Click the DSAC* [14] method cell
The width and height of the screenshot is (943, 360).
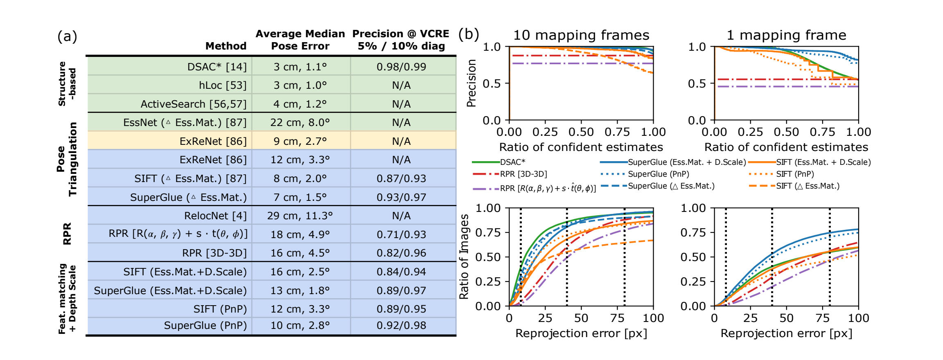[x=217, y=67]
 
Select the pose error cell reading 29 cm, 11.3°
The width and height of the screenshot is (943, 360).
[x=300, y=216]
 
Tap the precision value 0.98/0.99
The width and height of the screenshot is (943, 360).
[x=401, y=67]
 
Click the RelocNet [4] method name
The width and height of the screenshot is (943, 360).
[x=215, y=216]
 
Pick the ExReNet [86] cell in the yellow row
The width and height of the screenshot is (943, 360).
[x=213, y=141]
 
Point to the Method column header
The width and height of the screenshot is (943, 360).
[x=226, y=46]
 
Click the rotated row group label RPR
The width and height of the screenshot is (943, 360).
[x=67, y=234]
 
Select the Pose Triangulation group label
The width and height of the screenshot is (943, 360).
[x=67, y=159]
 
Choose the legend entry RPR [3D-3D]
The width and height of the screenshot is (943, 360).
[x=523, y=174]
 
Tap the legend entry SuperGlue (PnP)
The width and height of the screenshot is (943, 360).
[x=658, y=174]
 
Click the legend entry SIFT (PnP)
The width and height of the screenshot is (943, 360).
[x=795, y=174]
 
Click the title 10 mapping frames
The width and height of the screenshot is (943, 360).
[x=581, y=35]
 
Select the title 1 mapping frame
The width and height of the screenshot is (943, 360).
[x=786, y=35]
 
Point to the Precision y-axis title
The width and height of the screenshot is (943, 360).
[x=471, y=83]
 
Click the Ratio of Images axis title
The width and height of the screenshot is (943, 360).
[x=464, y=256]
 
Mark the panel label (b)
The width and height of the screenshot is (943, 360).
[x=468, y=34]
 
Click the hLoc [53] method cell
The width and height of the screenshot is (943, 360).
[x=223, y=85]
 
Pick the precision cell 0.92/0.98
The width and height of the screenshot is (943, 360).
[x=401, y=325]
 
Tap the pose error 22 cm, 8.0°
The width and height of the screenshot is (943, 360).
[x=300, y=122]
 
